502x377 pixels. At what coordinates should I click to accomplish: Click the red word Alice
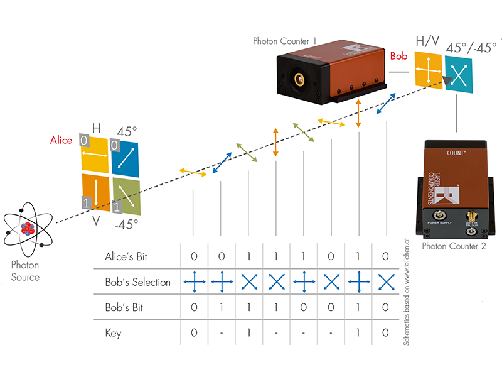tap(61, 140)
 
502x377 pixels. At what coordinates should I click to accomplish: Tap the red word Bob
tap(399, 56)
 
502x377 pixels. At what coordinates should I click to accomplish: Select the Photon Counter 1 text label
tap(284, 41)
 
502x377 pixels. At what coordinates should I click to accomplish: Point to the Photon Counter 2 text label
tap(454, 246)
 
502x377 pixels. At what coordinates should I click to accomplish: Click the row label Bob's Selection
tap(137, 283)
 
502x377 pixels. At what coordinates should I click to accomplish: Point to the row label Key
tap(114, 333)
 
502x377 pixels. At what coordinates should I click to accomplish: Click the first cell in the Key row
tap(193, 333)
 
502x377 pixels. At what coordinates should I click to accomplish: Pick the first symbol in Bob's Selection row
tap(193, 283)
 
